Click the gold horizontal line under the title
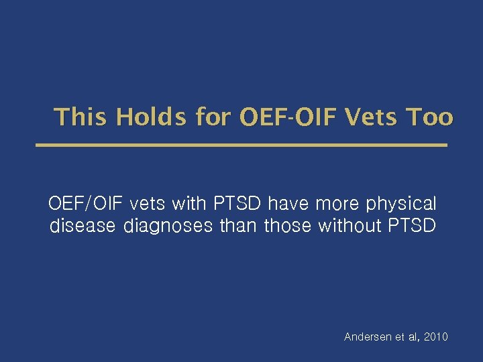coord(241,145)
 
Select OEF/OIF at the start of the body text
coord(86,203)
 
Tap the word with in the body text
coord(190,203)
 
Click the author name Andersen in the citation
coord(367,337)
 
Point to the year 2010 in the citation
coord(435,337)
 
